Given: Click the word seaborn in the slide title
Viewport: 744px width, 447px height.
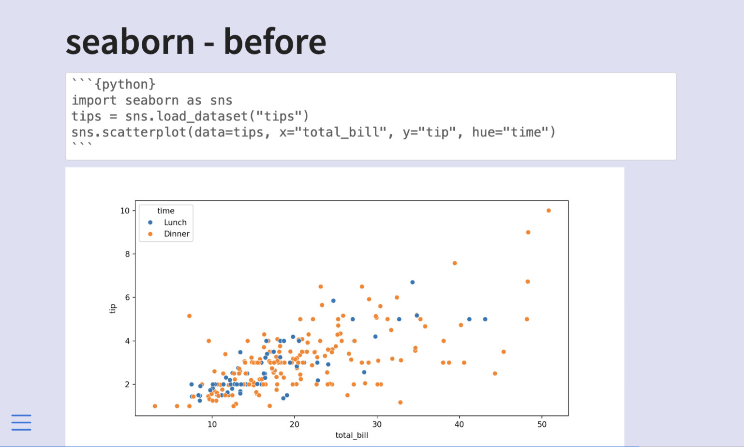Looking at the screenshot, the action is (x=130, y=42).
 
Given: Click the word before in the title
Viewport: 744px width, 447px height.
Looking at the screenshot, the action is (x=275, y=41).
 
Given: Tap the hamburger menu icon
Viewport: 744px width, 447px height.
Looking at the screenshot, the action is (x=21, y=422).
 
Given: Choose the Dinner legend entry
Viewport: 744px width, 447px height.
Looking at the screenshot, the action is (x=169, y=234).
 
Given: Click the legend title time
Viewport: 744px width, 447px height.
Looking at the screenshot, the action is (x=166, y=211).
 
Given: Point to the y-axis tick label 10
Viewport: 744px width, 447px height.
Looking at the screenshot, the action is (x=125, y=210).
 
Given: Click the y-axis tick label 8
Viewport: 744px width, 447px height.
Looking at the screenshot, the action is (x=127, y=254).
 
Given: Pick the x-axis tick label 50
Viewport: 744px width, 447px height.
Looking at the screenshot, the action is (x=542, y=424).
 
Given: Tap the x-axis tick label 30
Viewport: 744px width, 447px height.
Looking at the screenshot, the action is (x=377, y=424).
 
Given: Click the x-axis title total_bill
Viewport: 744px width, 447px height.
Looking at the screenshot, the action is (x=352, y=435).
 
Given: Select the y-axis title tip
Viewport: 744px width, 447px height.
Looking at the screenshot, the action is (x=113, y=309).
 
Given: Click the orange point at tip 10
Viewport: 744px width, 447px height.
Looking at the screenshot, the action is (x=549, y=210).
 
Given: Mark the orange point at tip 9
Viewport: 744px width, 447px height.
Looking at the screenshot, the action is (x=528, y=233).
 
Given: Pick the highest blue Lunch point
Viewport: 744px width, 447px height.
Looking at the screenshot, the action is (x=412, y=283).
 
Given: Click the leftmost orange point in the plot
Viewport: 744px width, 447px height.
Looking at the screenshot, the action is (x=155, y=406).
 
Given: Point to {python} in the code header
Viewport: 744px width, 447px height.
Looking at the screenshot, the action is (x=125, y=84).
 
